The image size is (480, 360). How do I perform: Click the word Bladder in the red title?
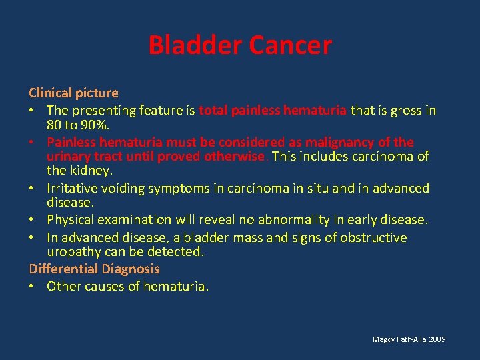195,45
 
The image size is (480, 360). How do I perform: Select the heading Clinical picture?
73,93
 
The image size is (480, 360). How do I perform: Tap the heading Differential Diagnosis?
94,269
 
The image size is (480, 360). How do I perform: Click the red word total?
213,111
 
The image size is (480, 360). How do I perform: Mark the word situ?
317,188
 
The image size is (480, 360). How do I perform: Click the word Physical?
71,220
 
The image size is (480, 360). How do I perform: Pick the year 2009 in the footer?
437,340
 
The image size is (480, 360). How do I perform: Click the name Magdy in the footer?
383,340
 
